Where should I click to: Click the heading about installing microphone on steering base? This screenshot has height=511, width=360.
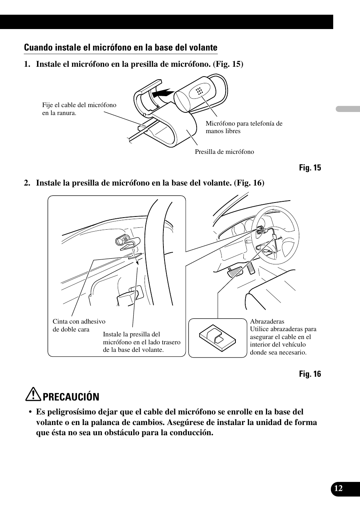120,48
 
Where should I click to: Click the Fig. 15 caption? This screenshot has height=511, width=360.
310,168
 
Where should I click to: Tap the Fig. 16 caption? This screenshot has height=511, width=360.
310,374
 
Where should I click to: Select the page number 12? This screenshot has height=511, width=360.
338,488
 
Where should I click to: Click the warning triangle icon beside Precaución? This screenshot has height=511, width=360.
35,395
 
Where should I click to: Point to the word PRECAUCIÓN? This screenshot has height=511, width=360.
71,397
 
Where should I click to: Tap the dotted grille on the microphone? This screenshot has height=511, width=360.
199,91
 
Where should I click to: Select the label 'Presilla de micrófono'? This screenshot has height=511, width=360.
224,152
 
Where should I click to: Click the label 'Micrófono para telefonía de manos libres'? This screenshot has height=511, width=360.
244,127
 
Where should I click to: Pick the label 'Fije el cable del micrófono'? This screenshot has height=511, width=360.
79,105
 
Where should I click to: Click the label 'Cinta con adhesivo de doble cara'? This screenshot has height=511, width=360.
79,325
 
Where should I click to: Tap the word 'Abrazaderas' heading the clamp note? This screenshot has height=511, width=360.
267,322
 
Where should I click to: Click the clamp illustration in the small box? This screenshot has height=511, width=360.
217,337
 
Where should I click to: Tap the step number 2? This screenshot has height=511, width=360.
26,183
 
